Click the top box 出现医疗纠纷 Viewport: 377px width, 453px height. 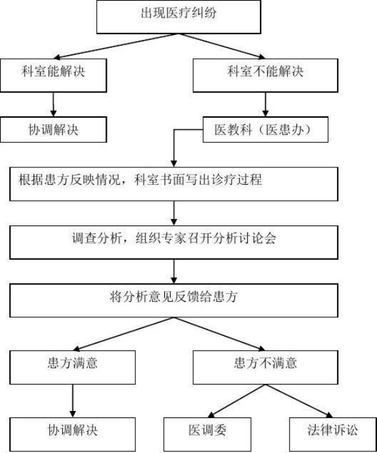point(178,17)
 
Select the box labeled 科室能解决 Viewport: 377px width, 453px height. point(54,76)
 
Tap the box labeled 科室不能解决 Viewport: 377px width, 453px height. point(265,76)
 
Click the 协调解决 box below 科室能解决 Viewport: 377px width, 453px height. point(54,129)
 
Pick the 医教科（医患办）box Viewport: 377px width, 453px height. point(265,129)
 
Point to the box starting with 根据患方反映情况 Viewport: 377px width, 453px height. point(174,184)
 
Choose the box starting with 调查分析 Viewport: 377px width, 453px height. point(174,242)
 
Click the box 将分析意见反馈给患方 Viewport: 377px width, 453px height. point(174,300)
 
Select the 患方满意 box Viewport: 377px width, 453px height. point(72,368)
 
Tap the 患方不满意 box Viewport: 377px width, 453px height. point(265,368)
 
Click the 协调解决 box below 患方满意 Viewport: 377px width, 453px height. point(72,434)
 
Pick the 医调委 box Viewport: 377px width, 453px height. point(208,434)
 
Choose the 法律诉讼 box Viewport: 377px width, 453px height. point(333,434)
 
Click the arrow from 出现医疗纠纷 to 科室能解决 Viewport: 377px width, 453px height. point(116,47)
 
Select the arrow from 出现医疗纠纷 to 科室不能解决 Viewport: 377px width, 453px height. point(222,47)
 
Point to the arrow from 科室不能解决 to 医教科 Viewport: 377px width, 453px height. point(265,105)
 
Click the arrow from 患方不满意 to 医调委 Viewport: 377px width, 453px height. point(237,401)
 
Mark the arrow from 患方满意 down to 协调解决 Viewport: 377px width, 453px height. point(72,401)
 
